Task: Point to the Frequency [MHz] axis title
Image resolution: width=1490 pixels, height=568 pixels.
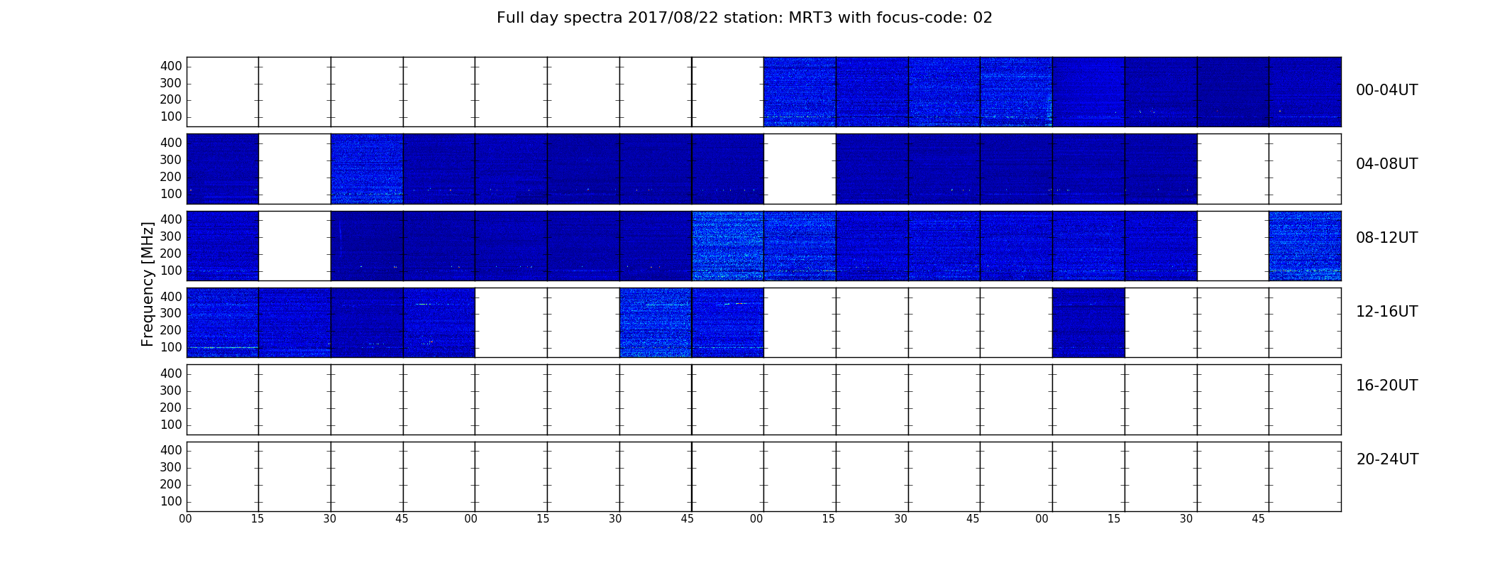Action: [x=148, y=284]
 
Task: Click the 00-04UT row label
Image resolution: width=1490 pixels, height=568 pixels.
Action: [x=1386, y=90]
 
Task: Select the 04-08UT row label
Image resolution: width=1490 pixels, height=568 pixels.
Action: [x=1386, y=164]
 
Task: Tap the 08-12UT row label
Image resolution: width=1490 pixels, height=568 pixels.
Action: [x=1386, y=238]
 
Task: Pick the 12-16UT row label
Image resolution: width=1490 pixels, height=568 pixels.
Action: [x=1386, y=312]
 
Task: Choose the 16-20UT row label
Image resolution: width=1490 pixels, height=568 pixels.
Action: [x=1386, y=386]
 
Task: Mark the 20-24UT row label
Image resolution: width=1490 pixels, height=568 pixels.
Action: [x=1387, y=459]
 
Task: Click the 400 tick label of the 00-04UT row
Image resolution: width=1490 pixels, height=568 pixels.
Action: [x=171, y=66]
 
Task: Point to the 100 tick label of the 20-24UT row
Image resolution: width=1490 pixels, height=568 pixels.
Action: [x=171, y=501]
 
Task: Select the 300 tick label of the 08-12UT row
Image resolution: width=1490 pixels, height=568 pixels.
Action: [x=171, y=236]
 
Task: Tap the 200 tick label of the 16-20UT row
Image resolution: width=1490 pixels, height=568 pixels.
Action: [x=171, y=408]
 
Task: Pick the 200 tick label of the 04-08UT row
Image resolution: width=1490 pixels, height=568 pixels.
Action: [x=171, y=177]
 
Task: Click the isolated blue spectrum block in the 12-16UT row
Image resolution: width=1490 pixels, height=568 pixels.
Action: [x=1088, y=322]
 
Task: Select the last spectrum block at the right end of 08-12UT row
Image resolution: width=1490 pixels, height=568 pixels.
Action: [x=1305, y=246]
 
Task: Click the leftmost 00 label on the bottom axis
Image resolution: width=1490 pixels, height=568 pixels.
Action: [x=185, y=519]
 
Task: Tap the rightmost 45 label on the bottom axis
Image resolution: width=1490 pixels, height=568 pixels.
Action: [x=1258, y=519]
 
